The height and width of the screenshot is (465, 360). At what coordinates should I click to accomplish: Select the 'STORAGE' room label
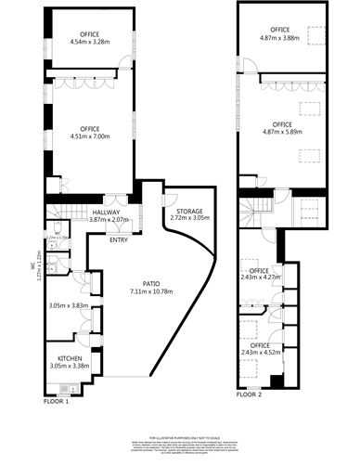[x=190, y=211]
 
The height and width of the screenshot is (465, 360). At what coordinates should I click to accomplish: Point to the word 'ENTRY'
[x=119, y=240]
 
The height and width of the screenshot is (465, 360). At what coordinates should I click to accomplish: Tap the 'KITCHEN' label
[x=71, y=357]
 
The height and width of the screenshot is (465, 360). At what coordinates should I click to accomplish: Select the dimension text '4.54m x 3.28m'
[x=89, y=42]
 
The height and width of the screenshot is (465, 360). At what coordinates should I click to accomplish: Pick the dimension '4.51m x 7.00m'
[x=89, y=136]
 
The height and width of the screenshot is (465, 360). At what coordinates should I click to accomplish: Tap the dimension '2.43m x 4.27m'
[x=260, y=276]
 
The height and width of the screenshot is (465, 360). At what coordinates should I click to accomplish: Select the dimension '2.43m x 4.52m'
[x=260, y=352]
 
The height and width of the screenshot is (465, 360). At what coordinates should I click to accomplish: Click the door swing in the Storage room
[x=171, y=200]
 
